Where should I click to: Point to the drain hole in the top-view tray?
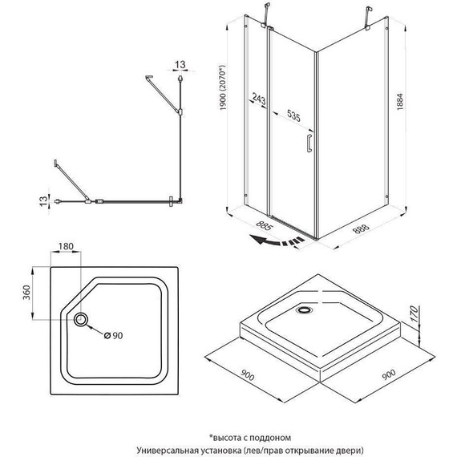[x=83, y=320]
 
